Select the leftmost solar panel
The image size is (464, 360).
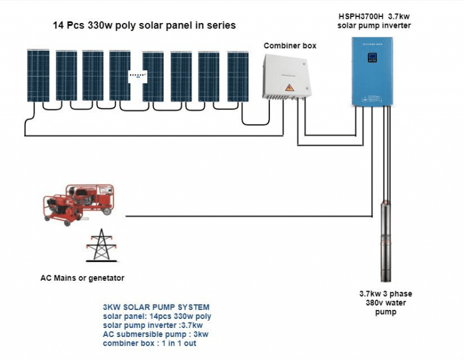tap(37, 76)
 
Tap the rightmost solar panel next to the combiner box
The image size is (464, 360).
tap(238, 76)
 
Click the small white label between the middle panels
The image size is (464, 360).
tap(136, 76)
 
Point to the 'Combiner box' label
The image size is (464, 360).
tap(289, 45)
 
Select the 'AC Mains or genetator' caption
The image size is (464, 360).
tap(82, 278)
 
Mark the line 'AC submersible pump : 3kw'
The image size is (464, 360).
tap(155, 334)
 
